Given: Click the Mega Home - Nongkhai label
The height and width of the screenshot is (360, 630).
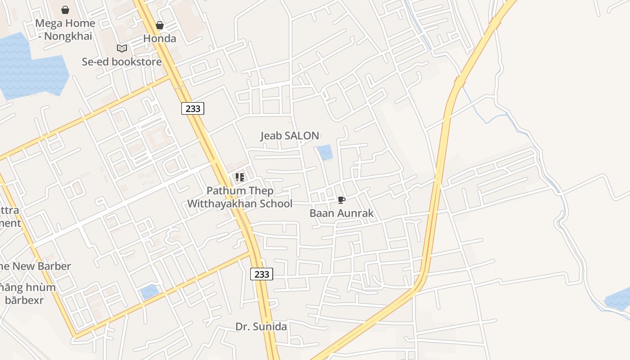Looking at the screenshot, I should (65, 30).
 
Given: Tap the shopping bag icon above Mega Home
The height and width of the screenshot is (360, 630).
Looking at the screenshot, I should (65, 10).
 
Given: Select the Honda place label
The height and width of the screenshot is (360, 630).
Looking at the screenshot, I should (160, 39).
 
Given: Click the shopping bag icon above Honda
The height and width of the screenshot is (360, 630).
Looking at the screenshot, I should (160, 25).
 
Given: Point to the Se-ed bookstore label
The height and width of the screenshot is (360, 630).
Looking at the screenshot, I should (121, 62).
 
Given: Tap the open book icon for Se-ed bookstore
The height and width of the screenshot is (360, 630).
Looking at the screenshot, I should (121, 48).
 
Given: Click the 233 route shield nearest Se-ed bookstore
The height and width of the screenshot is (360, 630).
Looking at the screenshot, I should (193, 108).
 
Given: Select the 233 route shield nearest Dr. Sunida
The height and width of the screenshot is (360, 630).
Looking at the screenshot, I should (261, 274).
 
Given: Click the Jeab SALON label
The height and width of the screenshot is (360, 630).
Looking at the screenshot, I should (290, 135).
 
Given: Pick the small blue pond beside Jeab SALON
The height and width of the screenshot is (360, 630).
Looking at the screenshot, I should (325, 153).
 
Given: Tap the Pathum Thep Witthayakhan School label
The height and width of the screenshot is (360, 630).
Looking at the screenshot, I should (240, 197).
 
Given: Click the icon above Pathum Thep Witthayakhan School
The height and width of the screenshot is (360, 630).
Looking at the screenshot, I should (240, 177).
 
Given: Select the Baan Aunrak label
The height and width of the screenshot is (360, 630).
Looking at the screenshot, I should (342, 213).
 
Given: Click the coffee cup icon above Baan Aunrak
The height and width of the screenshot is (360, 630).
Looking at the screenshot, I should (342, 200).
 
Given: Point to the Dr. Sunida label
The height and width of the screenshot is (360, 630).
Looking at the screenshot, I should (261, 327).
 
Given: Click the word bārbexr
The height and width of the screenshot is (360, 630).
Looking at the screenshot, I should (24, 300).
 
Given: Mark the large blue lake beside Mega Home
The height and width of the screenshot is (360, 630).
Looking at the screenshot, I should (31, 67).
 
